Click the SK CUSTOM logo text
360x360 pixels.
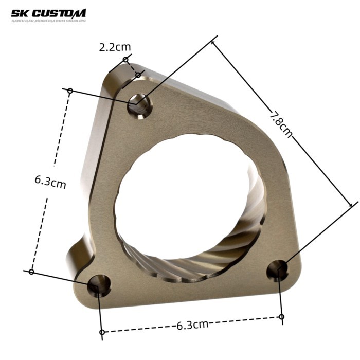[49, 13]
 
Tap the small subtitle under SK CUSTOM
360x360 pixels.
[49, 21]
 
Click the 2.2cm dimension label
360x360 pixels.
[115, 47]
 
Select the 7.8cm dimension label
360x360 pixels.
[280, 123]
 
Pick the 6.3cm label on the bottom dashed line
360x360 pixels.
[192, 325]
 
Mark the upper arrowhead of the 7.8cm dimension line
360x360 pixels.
[213, 42]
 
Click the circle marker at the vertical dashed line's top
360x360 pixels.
[70, 91]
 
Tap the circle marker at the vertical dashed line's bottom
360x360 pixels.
[31, 271]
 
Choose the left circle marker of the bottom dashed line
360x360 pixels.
[102, 332]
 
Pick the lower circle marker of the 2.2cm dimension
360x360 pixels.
[138, 75]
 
